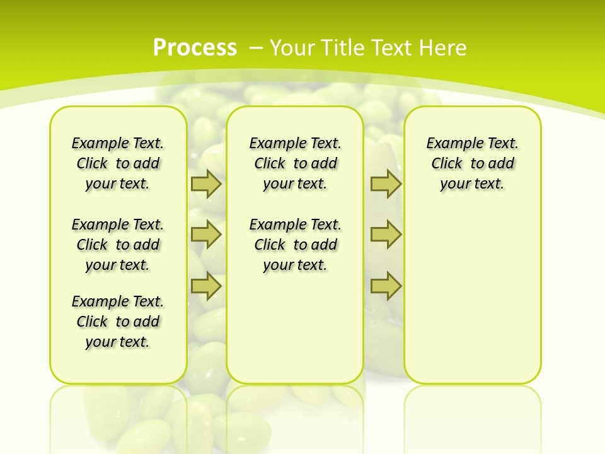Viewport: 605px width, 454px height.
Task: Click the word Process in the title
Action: (195, 47)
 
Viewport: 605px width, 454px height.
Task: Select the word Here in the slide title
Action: (442, 47)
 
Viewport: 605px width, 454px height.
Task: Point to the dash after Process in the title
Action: (256, 47)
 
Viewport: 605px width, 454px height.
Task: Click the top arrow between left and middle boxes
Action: (206, 184)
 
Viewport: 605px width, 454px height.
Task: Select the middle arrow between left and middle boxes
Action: (206, 235)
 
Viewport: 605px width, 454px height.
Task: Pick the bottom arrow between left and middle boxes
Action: (206, 286)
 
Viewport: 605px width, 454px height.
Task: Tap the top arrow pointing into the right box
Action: (386, 184)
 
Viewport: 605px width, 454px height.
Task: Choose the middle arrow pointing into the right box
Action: (386, 235)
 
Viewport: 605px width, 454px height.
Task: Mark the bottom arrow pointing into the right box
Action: (386, 286)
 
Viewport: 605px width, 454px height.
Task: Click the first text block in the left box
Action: (118, 163)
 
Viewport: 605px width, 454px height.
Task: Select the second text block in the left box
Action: (118, 245)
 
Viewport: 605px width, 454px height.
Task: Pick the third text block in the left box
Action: (118, 322)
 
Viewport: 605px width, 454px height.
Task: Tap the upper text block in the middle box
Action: (295, 163)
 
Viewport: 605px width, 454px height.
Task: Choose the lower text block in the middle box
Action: (295, 245)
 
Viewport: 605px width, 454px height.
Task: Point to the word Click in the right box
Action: (447, 163)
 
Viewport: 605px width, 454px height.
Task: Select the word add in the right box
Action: (502, 163)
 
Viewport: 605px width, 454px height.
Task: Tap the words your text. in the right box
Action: (472, 183)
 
